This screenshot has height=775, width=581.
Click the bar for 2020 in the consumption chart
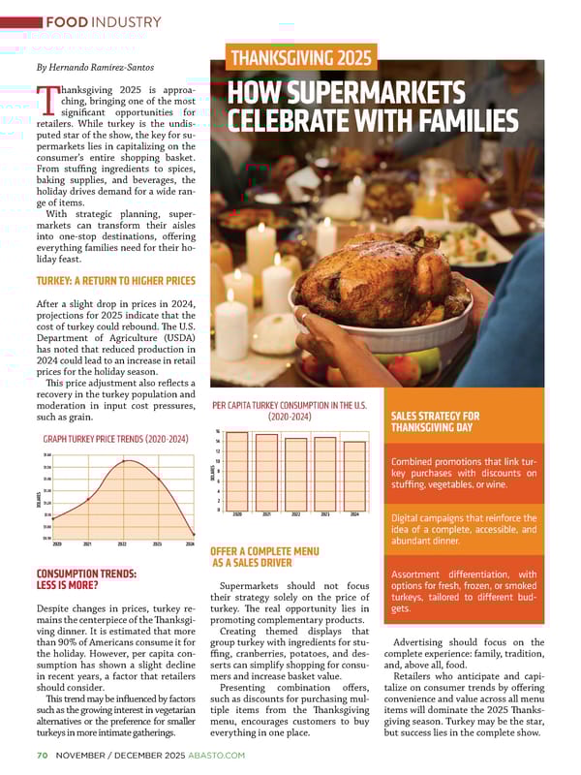tap(238, 471)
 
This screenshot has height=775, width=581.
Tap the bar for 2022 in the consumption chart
tap(296, 473)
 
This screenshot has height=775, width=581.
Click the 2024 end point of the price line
tap(194, 534)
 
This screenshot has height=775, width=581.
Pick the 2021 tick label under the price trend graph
tap(88, 544)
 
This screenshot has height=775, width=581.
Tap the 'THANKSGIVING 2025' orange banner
tap(300, 58)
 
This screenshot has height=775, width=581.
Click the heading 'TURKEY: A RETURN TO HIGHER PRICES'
tap(115, 282)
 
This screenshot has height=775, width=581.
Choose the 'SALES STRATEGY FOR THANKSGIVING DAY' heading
tap(436, 422)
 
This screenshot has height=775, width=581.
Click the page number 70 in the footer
tap(43, 755)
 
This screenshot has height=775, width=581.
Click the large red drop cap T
tap(47, 101)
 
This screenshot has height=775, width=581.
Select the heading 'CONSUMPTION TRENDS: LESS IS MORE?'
tap(85, 579)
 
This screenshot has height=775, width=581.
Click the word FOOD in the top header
tap(69, 21)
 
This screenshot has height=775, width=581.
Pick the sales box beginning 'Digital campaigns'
tap(463, 523)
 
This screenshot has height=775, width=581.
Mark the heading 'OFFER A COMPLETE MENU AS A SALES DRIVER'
tap(264, 557)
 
